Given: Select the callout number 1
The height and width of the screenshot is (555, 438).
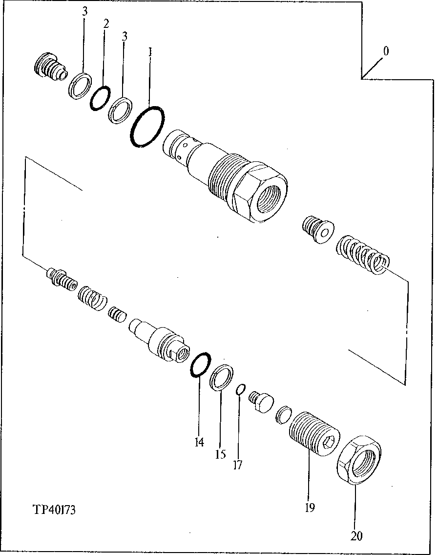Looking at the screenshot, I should tap(150, 51).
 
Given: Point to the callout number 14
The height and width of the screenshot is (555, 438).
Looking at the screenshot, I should tap(199, 443).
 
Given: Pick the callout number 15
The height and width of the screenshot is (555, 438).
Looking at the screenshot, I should tap(220, 454).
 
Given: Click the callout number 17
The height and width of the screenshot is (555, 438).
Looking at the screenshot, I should tap(237, 465).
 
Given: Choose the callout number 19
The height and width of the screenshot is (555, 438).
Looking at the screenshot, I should tap(309, 507).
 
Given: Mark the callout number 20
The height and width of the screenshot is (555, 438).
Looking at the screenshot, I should tap(356, 536).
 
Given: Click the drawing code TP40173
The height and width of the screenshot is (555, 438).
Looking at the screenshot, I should tap(54, 510).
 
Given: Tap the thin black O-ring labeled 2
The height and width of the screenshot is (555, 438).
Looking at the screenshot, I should tap(101, 98).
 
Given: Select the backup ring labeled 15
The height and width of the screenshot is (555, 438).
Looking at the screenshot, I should tap(222, 377).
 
